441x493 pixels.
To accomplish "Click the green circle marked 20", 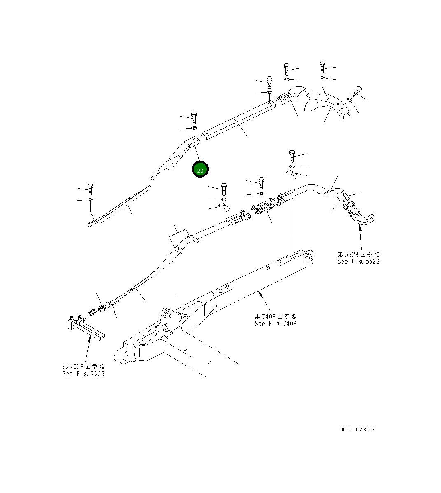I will (x=201, y=170).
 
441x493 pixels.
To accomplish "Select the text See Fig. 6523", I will (x=358, y=262).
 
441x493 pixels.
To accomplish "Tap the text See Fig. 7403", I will (x=275, y=324).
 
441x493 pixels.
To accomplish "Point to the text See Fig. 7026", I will (x=83, y=374).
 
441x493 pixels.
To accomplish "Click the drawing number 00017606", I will (x=358, y=430).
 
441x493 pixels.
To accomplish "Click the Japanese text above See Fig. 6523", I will (x=358, y=254).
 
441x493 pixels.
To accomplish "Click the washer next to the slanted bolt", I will (x=349, y=99).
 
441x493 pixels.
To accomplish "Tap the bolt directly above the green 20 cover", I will (x=194, y=117).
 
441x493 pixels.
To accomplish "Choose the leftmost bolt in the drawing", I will (x=90, y=189).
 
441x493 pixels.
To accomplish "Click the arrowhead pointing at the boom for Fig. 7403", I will (x=260, y=294).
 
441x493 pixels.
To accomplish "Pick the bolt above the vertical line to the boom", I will (x=292, y=155).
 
